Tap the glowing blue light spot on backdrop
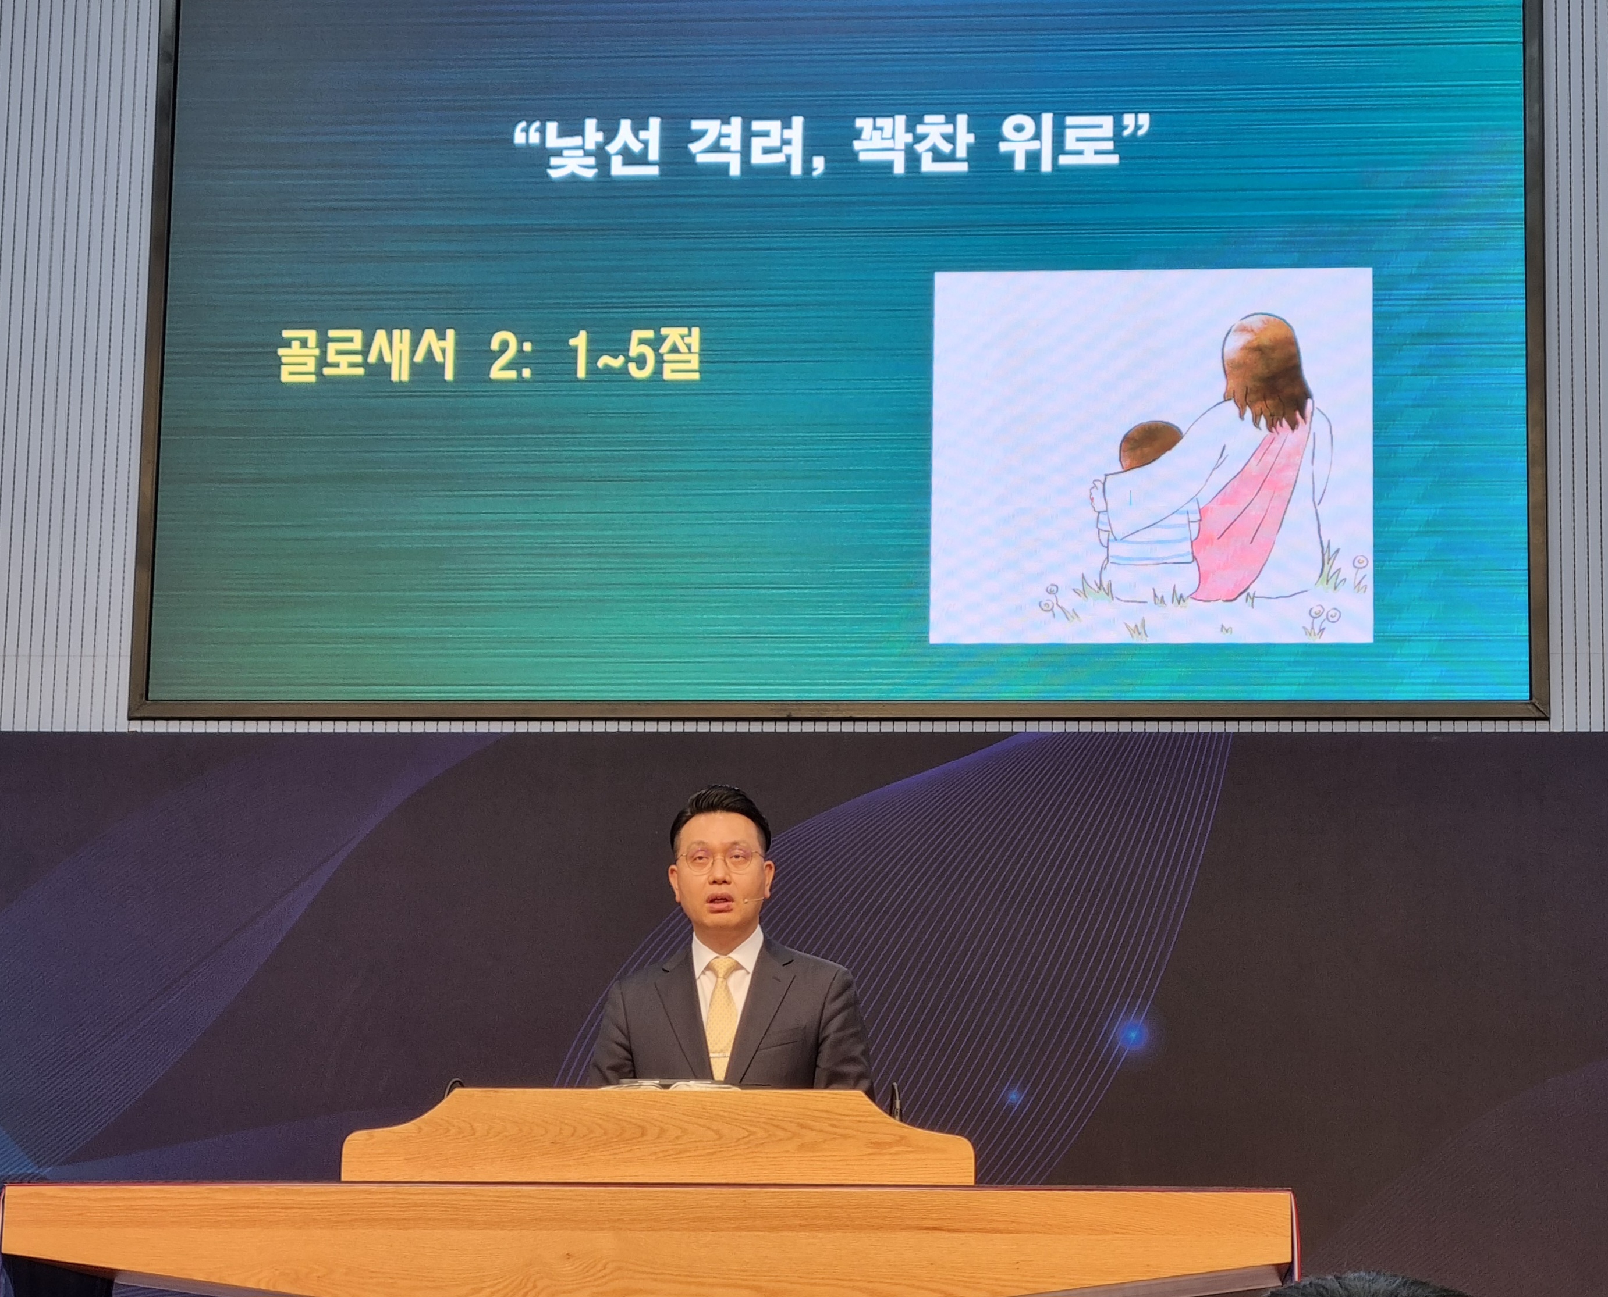click(1133, 1034)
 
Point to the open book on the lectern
click(673, 1084)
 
